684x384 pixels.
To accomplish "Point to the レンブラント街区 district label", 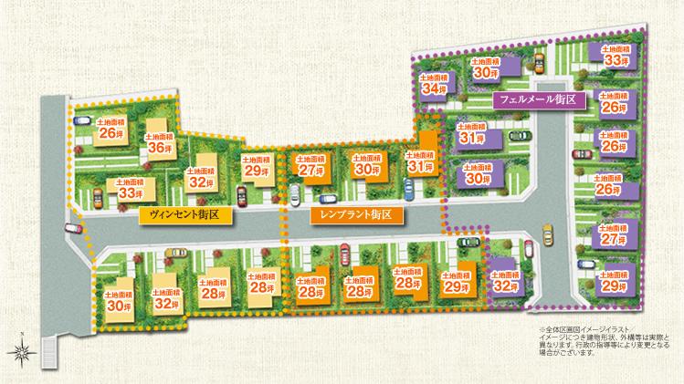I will click(351, 215).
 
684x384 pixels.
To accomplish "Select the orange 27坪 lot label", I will click(310, 166).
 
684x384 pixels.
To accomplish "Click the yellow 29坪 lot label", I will click(257, 167).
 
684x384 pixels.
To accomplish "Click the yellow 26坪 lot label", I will click(110, 130).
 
